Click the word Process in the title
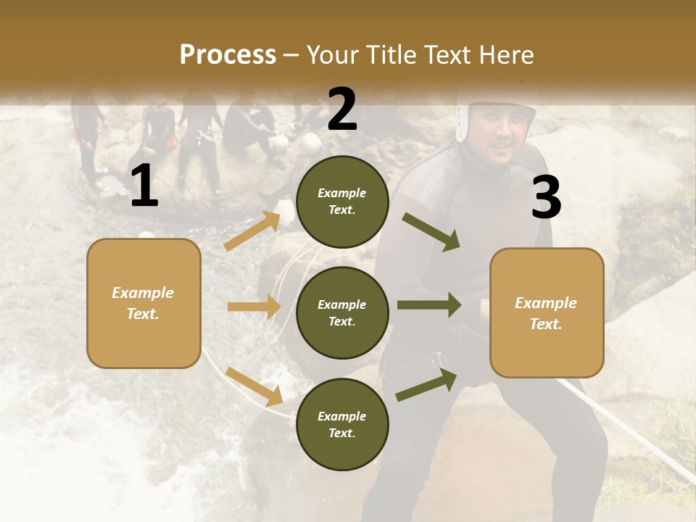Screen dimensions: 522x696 pos(228,55)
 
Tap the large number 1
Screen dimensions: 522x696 pos(144,186)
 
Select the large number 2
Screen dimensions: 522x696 pos(342,109)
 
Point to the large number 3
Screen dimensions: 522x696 pos(546,197)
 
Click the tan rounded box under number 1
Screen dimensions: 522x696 pos(144,303)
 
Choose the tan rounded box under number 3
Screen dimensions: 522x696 pos(547,312)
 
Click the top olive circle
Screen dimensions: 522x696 pos(342,202)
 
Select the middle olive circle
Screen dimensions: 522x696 pos(342,312)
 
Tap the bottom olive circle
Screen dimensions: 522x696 pos(342,424)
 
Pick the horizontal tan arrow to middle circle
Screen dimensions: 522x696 pos(254,307)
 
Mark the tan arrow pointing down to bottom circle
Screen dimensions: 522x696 pos(254,386)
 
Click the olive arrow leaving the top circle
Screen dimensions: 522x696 pos(431,231)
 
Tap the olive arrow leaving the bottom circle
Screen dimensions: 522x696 pos(426,385)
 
